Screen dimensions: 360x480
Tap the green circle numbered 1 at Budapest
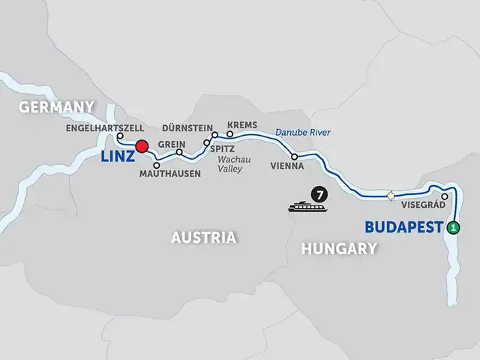tap(454, 228)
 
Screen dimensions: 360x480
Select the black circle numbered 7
tap(320, 196)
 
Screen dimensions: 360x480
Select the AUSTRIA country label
tap(203, 238)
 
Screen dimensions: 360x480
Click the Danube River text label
tap(301, 133)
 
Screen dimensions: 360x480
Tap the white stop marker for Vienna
tap(295, 157)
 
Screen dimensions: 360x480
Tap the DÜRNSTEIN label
tap(187, 127)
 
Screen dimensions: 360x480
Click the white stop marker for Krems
tap(230, 136)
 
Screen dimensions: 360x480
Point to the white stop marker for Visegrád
tap(445, 197)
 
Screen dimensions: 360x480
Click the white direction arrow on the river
tap(390, 196)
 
